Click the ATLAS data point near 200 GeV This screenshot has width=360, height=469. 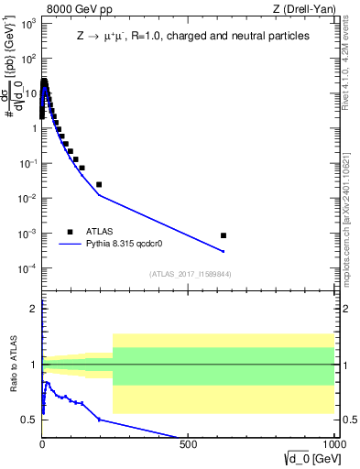pyautogui.click(x=99, y=184)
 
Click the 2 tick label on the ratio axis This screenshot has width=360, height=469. pyautogui.click(x=35, y=309)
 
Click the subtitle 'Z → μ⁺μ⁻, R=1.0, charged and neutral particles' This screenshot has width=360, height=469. pyautogui.click(x=191, y=37)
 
